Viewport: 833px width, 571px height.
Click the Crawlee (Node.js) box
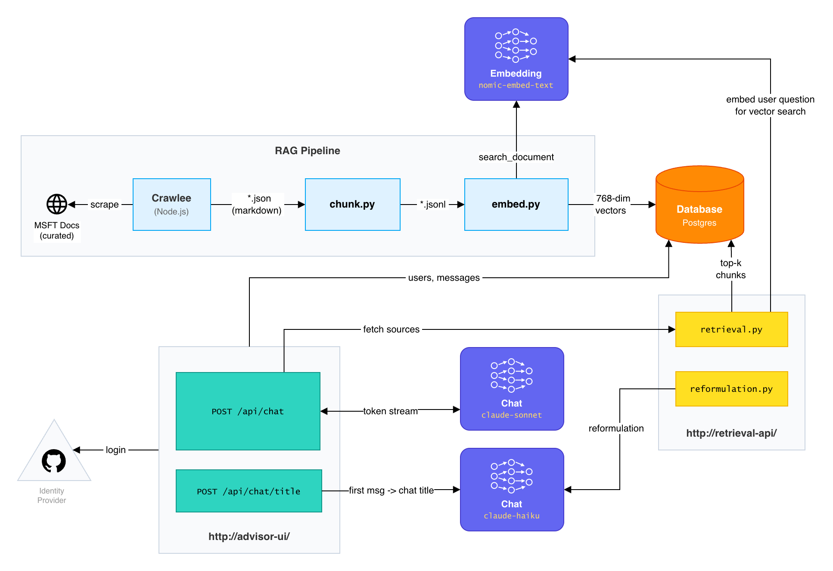171,205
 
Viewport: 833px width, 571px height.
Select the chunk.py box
352,205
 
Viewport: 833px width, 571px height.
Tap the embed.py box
516,205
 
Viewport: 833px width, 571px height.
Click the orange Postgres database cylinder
699,205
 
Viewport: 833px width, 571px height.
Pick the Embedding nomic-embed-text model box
516,59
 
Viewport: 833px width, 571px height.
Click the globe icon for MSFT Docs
57,204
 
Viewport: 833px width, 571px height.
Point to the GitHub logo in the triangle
54,461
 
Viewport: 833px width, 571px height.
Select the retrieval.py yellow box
731,329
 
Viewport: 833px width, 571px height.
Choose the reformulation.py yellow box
731,389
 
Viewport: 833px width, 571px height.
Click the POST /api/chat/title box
249,491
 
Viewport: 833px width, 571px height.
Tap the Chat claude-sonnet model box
512,389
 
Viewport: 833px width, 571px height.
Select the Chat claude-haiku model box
512,490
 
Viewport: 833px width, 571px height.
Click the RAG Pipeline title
308,151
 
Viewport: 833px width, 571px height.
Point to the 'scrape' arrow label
105,205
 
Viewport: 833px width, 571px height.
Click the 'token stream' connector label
391,411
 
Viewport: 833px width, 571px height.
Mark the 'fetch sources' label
391,329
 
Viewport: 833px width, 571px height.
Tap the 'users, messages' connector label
444,278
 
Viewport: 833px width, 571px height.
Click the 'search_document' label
516,157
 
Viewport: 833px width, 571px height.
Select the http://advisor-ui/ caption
249,537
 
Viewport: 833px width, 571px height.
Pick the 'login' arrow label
116,450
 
